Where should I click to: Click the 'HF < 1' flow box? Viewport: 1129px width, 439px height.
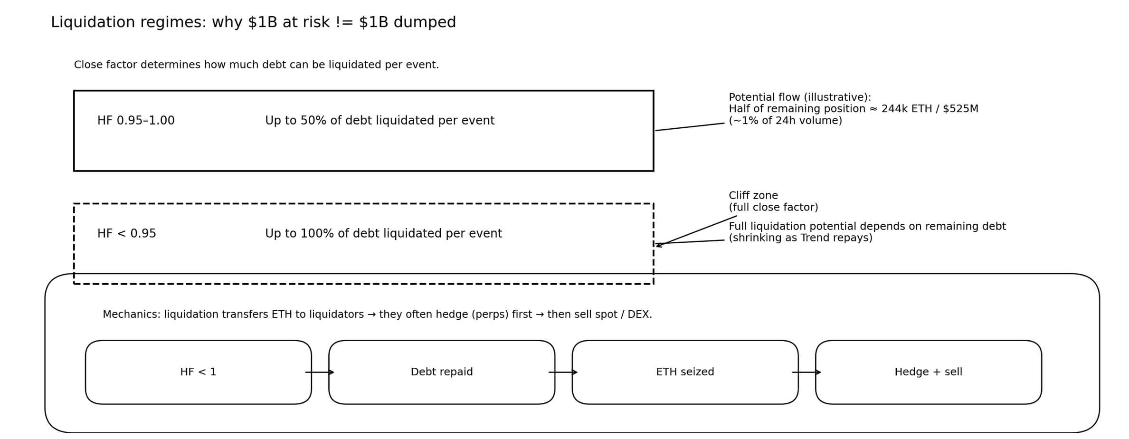198,372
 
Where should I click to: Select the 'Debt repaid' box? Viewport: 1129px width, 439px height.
441,372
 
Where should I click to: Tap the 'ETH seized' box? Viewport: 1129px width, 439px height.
684,372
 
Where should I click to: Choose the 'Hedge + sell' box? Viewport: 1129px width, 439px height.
928,372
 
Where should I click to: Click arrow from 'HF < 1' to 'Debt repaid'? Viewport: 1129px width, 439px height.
320,372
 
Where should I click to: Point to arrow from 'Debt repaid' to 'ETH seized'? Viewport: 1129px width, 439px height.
563,372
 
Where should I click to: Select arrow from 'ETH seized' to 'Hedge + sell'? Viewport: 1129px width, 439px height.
806,372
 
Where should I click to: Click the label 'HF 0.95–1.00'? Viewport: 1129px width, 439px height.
136,121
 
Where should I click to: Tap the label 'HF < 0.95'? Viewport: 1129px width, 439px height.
126,234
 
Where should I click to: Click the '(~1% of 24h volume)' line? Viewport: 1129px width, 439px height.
785,121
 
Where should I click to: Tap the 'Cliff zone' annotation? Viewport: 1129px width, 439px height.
753,196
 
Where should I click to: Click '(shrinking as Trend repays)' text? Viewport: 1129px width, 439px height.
800,238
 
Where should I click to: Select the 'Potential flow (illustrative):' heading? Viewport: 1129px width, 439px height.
800,97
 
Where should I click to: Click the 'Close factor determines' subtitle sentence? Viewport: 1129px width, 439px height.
256,65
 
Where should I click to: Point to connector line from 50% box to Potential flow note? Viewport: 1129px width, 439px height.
690,127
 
